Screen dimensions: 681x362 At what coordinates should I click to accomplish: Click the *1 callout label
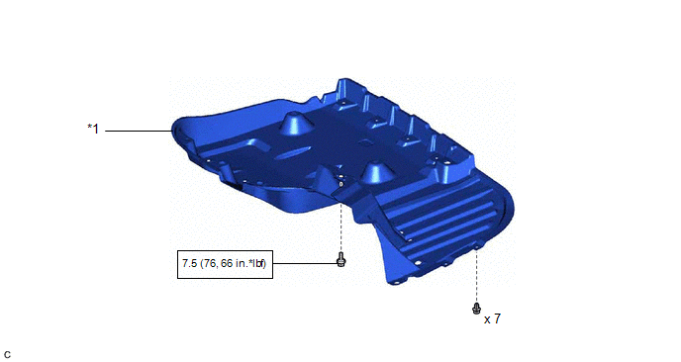(93, 129)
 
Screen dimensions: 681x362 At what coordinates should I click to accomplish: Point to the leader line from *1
(139, 131)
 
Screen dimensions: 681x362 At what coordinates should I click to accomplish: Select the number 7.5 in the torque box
(189, 263)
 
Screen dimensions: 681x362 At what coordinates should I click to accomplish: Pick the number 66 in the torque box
(227, 263)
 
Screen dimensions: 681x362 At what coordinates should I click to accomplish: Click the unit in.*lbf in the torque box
(250, 263)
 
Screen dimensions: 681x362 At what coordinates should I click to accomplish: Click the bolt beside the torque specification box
(340, 259)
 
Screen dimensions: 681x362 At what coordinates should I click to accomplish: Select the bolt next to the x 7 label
(476, 309)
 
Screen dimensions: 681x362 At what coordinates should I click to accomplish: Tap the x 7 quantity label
(492, 319)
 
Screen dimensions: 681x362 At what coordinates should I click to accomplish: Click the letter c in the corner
(7, 355)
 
